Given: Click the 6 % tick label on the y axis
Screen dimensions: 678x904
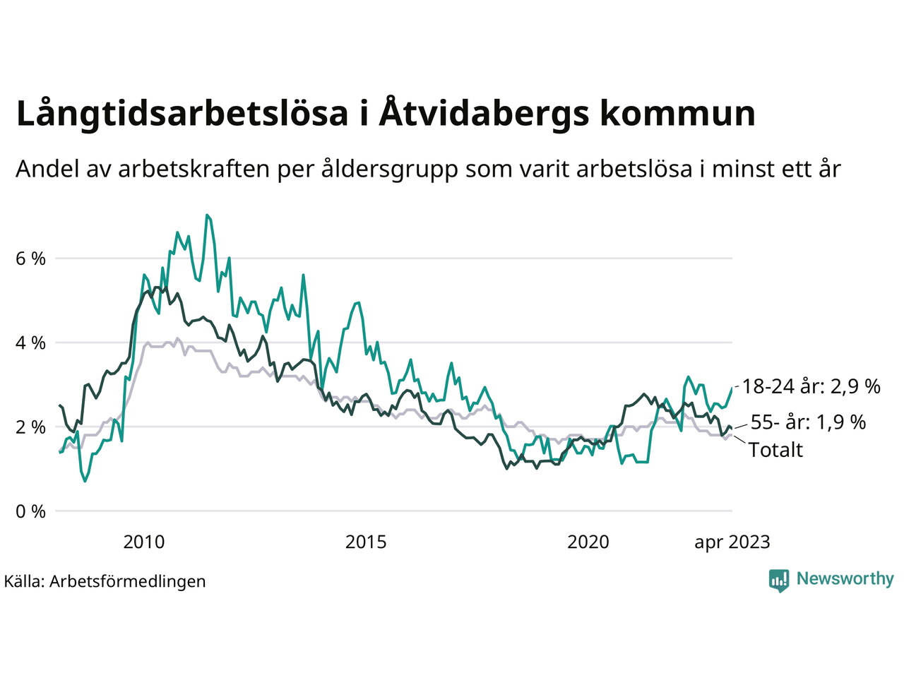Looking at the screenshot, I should click(x=30, y=258).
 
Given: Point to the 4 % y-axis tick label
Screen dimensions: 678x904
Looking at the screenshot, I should click(x=30, y=343).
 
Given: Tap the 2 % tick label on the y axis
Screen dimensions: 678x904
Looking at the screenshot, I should click(x=30, y=427).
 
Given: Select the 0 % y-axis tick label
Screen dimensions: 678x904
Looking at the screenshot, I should click(x=30, y=511).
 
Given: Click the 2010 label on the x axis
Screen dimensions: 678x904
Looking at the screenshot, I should click(x=143, y=542).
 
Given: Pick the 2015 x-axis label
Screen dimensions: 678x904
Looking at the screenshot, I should click(x=366, y=542).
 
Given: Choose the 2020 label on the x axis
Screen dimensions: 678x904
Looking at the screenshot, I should click(x=588, y=542).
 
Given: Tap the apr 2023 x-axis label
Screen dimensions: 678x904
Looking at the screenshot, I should click(x=732, y=542).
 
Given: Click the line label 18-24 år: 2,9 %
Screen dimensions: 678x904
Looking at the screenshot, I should click(x=811, y=386).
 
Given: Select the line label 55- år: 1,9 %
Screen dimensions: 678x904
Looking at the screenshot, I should click(x=808, y=422).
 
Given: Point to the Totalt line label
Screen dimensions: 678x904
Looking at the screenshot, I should click(x=775, y=450).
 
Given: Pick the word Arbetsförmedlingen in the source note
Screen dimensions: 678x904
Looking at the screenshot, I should click(x=128, y=581).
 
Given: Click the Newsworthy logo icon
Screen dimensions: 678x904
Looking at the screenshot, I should click(x=779, y=580).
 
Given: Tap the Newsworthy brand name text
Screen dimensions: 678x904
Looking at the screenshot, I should click(x=845, y=579).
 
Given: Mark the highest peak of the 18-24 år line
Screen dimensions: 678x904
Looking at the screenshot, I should click(x=206, y=215).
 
